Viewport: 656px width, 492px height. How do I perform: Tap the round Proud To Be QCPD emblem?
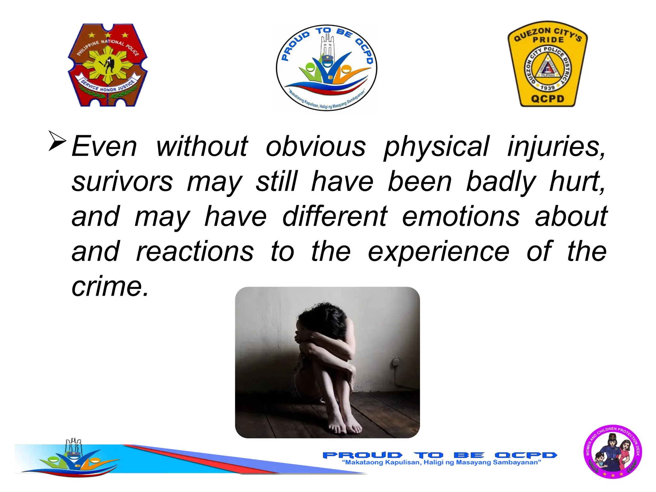pos(326,68)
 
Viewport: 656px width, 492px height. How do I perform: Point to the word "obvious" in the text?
pos(316,147)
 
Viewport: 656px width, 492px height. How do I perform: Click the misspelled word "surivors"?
pos(122,182)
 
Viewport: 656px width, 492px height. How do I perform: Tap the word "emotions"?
pos(460,217)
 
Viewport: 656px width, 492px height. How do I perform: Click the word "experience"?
pos(438,252)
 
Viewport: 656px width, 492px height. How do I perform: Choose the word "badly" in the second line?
pos(500,182)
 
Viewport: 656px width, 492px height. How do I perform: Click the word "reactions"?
pos(195,252)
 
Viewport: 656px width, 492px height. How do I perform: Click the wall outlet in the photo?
pos(397,362)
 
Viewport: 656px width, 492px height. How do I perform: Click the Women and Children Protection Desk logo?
pos(612,452)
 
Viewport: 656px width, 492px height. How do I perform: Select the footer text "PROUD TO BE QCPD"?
pos(439,455)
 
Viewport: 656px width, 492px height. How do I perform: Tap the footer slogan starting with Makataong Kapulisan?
pos(441,463)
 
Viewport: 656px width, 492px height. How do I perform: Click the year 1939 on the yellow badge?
pos(547,87)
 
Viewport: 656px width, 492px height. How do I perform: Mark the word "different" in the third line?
pos(335,217)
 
